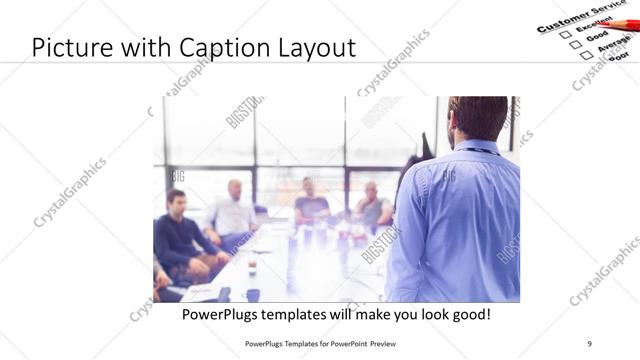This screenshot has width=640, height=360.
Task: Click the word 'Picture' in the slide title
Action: [x=69, y=48]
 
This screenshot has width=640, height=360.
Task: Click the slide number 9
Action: [x=589, y=343]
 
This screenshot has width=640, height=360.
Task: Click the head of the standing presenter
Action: [x=477, y=118]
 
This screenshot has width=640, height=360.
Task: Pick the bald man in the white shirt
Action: [x=233, y=210]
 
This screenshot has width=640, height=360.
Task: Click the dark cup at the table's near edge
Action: [x=253, y=295]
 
